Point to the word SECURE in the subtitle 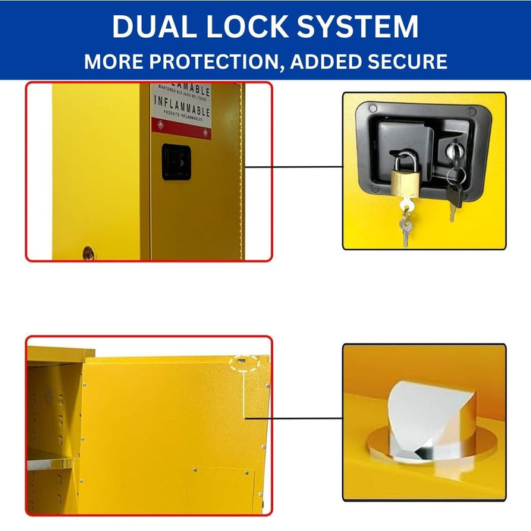(x=407, y=61)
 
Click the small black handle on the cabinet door (x=176, y=162)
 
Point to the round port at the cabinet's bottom (x=88, y=253)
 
